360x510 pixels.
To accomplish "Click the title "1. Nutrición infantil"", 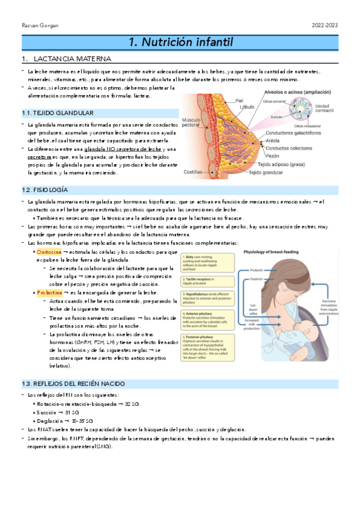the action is point(180,42).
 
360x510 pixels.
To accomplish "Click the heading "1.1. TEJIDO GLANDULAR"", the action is point(57,113).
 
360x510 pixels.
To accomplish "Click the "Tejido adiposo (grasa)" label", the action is point(284,164).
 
